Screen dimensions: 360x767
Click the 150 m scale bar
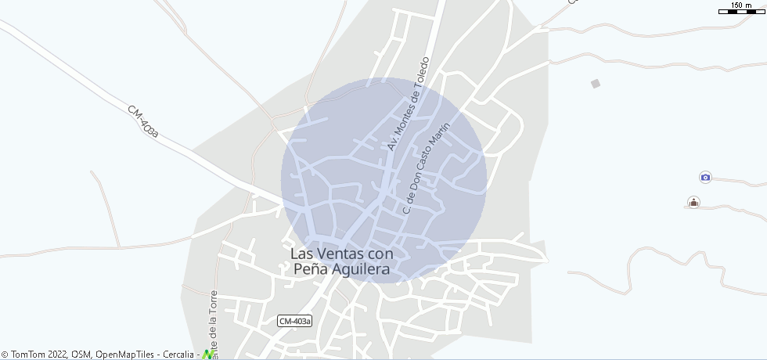click(x=741, y=12)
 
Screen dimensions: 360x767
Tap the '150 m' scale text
click(x=741, y=5)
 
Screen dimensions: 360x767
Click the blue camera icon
click(x=705, y=178)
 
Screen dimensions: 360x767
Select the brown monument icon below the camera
click(x=693, y=202)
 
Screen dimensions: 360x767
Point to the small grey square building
click(x=596, y=84)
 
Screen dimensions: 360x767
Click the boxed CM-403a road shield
click(x=295, y=321)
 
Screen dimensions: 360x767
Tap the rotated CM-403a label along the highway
click(x=143, y=123)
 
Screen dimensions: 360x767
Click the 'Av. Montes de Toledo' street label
click(x=409, y=104)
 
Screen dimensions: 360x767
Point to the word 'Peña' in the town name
click(x=308, y=269)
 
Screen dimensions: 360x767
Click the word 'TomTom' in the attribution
click(x=29, y=355)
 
